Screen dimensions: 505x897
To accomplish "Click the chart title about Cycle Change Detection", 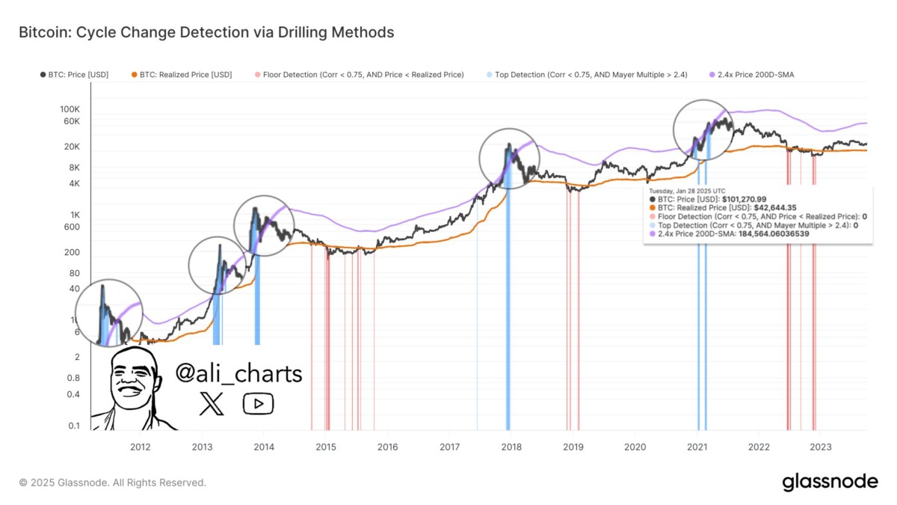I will (x=206, y=32).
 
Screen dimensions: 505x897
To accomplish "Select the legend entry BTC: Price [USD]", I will (x=74, y=75).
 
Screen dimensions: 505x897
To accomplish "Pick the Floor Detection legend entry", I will (x=359, y=75).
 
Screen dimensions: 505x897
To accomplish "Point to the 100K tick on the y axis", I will (x=70, y=109).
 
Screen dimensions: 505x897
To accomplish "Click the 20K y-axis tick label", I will (x=73, y=147).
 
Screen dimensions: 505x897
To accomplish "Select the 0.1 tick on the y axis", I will (x=74, y=426).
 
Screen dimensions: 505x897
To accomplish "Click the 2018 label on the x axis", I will (x=511, y=447).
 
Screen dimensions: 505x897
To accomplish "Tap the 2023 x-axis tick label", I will (x=821, y=447).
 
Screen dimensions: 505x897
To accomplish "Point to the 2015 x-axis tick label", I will (x=325, y=447).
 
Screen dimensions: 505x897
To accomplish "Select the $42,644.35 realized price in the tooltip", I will (x=777, y=208).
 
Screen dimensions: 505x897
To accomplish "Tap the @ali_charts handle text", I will (x=238, y=373).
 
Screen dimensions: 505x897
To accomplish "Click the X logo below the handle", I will (x=212, y=404).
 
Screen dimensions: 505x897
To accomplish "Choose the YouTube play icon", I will (x=258, y=404).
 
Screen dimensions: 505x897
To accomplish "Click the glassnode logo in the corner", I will (x=830, y=483).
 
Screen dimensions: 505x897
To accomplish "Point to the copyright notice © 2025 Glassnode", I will (x=112, y=483).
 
